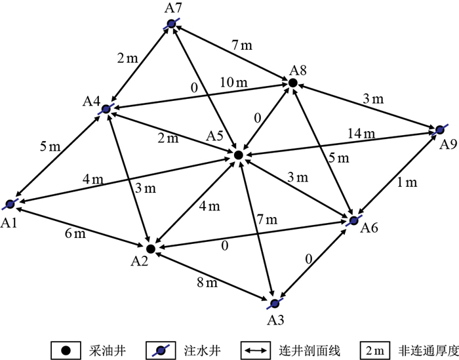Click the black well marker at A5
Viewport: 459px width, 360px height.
tap(239, 155)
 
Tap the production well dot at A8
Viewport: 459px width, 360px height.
tap(293, 83)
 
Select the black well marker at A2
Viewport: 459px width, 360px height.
tap(150, 249)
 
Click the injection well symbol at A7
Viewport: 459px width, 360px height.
tap(171, 24)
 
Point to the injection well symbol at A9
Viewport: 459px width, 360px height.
tap(439, 129)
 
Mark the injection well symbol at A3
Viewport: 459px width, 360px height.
tap(274, 303)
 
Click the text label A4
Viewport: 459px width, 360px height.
tap(91, 102)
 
